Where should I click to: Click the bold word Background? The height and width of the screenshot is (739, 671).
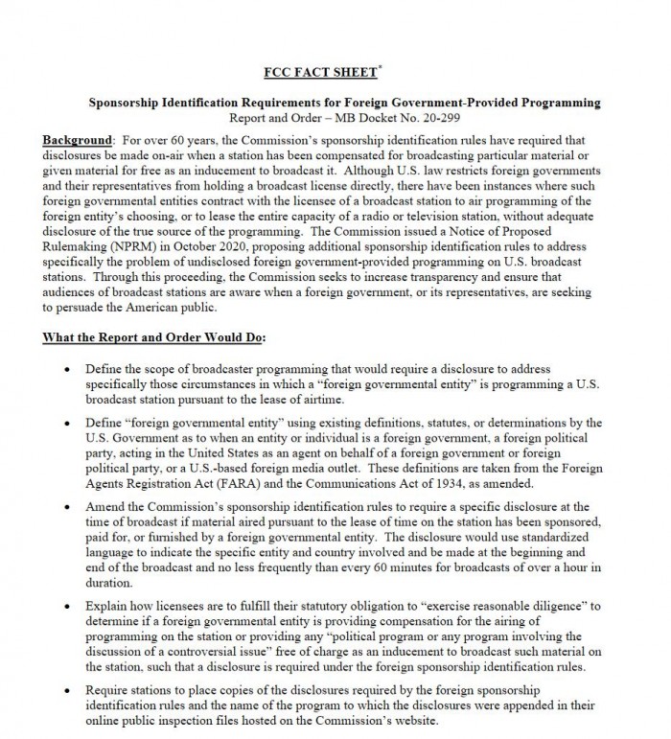(77, 140)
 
